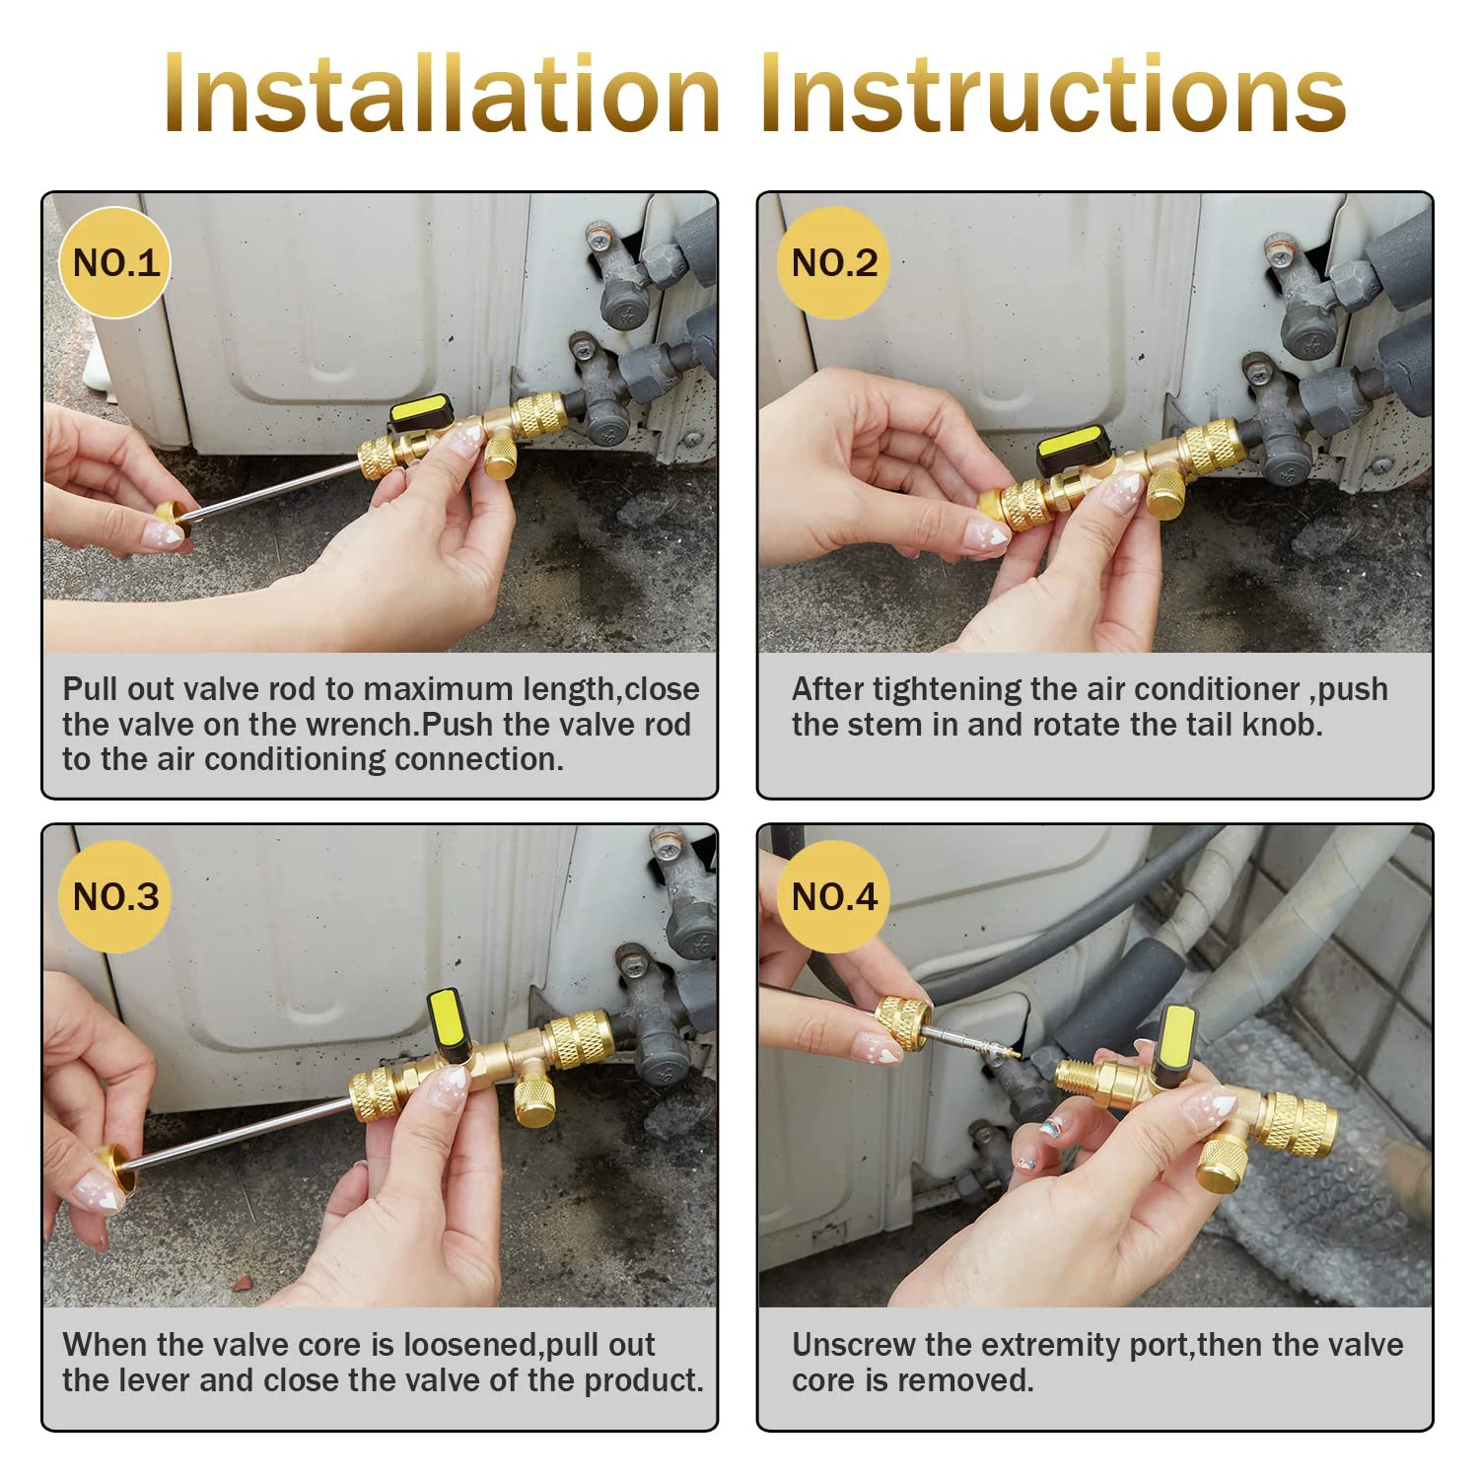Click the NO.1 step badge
[x=115, y=263]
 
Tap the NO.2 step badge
[x=833, y=263]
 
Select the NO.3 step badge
[x=115, y=896]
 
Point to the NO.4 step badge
[x=833, y=896]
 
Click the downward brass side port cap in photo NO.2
[x=1165, y=495]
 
